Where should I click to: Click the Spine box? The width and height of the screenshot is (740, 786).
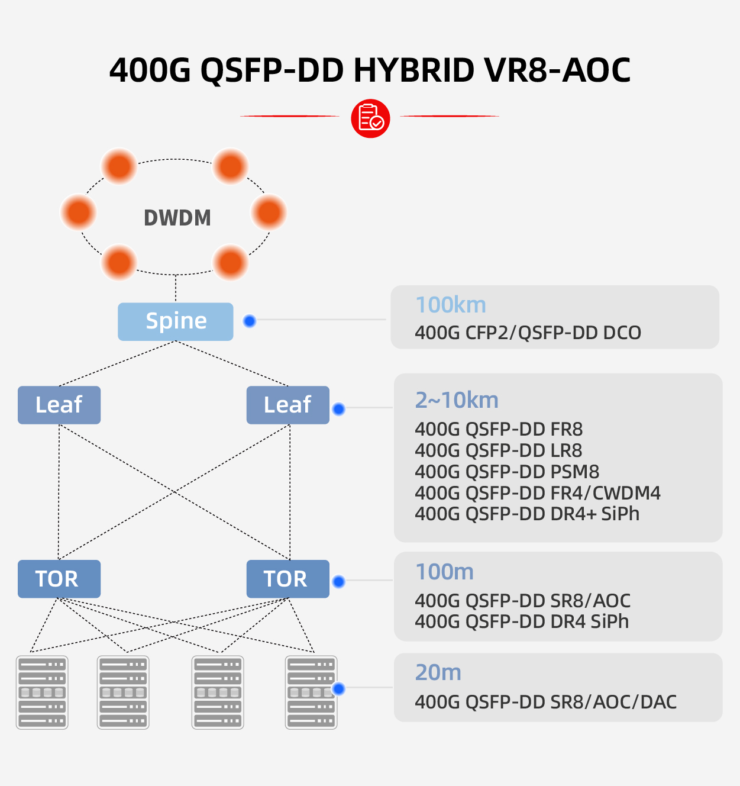pos(176,321)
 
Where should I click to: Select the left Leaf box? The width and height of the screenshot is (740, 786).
pos(59,405)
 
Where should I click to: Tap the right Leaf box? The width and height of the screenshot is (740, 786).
pos(287,405)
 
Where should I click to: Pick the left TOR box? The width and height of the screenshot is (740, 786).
pos(59,579)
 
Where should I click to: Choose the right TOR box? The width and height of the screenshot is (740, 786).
pos(287,579)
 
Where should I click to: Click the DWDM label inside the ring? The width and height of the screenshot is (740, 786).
pos(177,218)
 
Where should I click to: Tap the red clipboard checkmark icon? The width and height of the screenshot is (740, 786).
pos(370,118)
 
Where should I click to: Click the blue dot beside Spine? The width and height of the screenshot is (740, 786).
pos(250,321)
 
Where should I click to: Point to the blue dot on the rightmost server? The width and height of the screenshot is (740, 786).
pos(338,688)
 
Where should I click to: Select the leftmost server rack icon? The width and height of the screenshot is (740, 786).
pos(42,692)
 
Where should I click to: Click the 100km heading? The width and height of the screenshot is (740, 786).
pos(451,305)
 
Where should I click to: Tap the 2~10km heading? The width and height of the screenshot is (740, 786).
pos(457,400)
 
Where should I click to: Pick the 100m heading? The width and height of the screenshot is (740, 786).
pos(444,572)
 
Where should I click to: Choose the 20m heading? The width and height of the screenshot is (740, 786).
pos(438,672)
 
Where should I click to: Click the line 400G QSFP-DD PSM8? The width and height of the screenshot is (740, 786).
pos(507,472)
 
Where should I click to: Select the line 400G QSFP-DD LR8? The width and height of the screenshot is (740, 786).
pos(499,450)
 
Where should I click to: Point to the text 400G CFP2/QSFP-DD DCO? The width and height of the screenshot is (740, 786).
pos(528,333)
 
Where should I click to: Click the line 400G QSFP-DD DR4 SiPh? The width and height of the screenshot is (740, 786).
pos(522,621)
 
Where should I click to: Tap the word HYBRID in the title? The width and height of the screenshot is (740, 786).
pos(414,70)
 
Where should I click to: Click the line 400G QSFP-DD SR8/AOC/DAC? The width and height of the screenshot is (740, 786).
pos(545,702)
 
